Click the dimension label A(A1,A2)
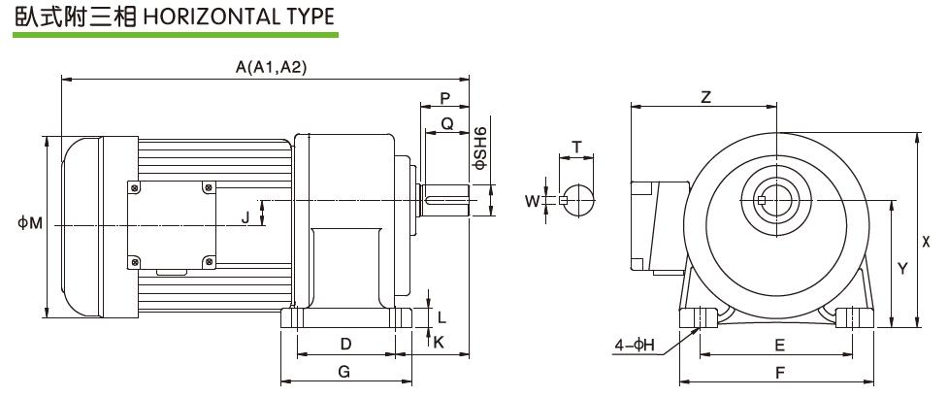(272, 67)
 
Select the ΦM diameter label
(30, 224)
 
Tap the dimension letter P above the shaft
(445, 98)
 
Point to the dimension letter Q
(447, 123)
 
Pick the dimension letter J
(245, 217)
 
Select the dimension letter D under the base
(344, 344)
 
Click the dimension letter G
(344, 372)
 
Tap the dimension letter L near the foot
(441, 316)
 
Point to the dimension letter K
(439, 342)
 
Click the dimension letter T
(577, 147)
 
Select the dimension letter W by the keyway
(531, 201)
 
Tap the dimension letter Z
(706, 97)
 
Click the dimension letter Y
(902, 268)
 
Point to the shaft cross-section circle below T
(579, 201)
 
